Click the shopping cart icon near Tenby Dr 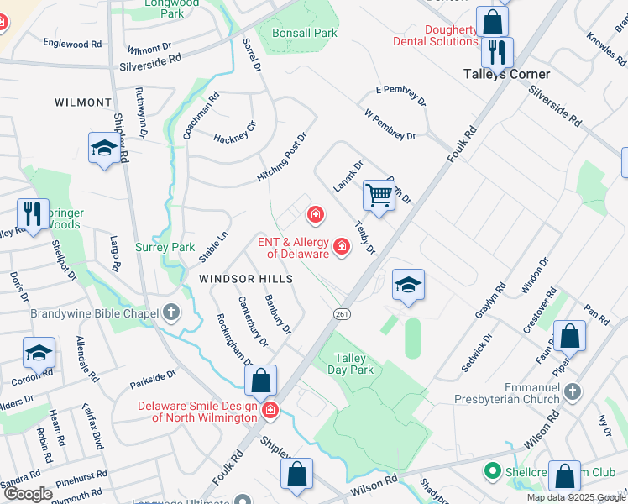coord(379,196)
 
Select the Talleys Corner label coord(507,74)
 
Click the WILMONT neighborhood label coord(83,102)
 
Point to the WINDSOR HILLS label coord(246,278)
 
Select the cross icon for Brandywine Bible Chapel coord(171,313)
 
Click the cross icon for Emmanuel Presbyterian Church coord(573,391)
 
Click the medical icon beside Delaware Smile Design coord(271,410)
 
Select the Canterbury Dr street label coord(253,321)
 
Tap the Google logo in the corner coord(27,494)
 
